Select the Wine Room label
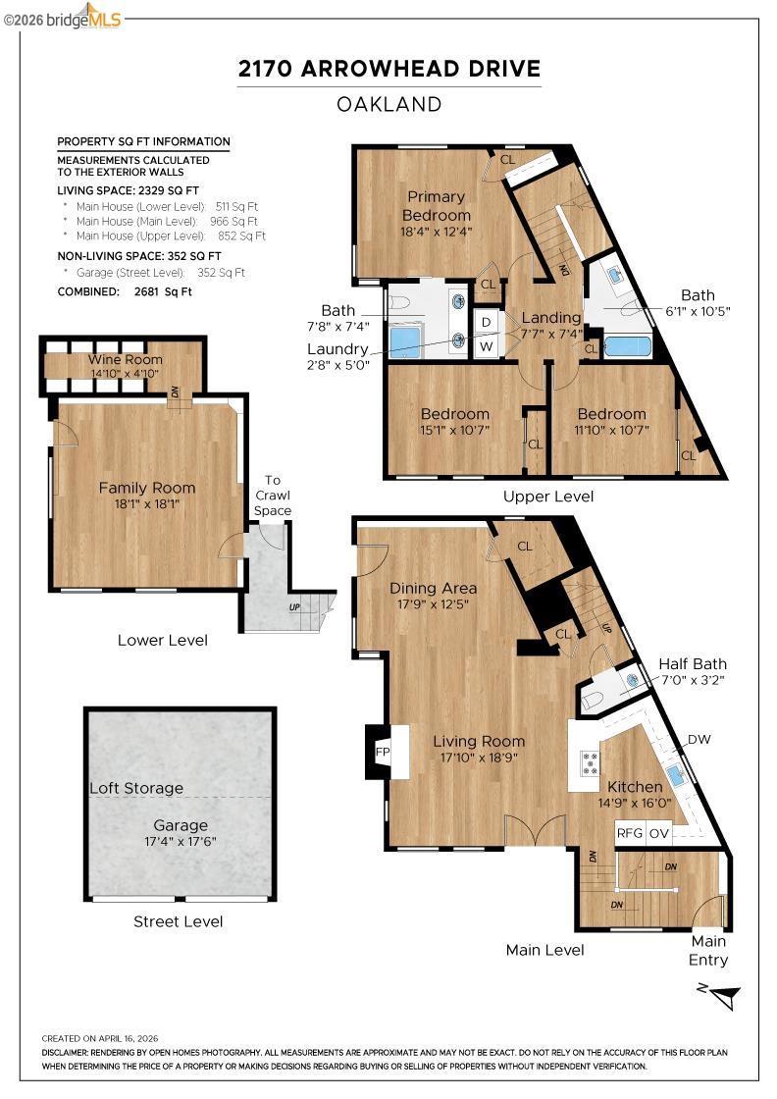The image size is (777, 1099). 126,359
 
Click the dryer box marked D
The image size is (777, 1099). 487,323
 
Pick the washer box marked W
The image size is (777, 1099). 487,347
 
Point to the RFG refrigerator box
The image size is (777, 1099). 629,833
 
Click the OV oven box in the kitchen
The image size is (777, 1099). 658,833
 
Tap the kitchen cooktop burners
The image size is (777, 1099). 591,762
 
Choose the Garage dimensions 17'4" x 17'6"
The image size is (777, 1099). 181,841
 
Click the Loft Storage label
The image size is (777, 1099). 136,788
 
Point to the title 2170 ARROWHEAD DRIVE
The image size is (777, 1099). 389,69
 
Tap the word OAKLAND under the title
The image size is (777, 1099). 389,104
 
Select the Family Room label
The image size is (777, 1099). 147,488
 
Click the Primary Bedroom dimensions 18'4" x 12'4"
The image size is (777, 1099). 437,232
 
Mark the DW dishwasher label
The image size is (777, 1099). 699,740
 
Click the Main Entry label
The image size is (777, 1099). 709,951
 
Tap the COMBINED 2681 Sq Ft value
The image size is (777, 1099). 163,291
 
